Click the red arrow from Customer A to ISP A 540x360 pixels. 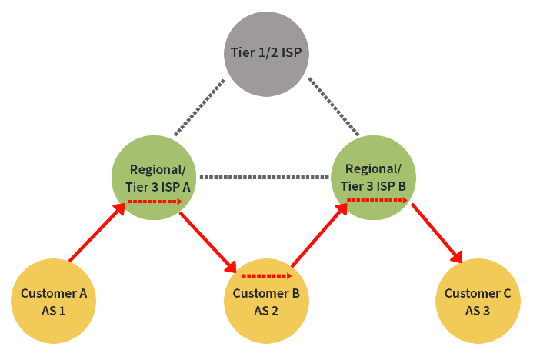pyautogui.click(x=98, y=233)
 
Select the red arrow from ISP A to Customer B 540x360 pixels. pyautogui.click(x=208, y=242)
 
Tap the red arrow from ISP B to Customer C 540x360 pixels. pyautogui.click(x=437, y=233)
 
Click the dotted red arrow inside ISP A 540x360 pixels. pyautogui.click(x=155, y=202)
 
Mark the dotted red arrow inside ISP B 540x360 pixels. pyautogui.click(x=377, y=200)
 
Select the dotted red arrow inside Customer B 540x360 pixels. pyautogui.click(x=267, y=275)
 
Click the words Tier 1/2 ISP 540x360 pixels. pyautogui.click(x=265, y=53)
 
